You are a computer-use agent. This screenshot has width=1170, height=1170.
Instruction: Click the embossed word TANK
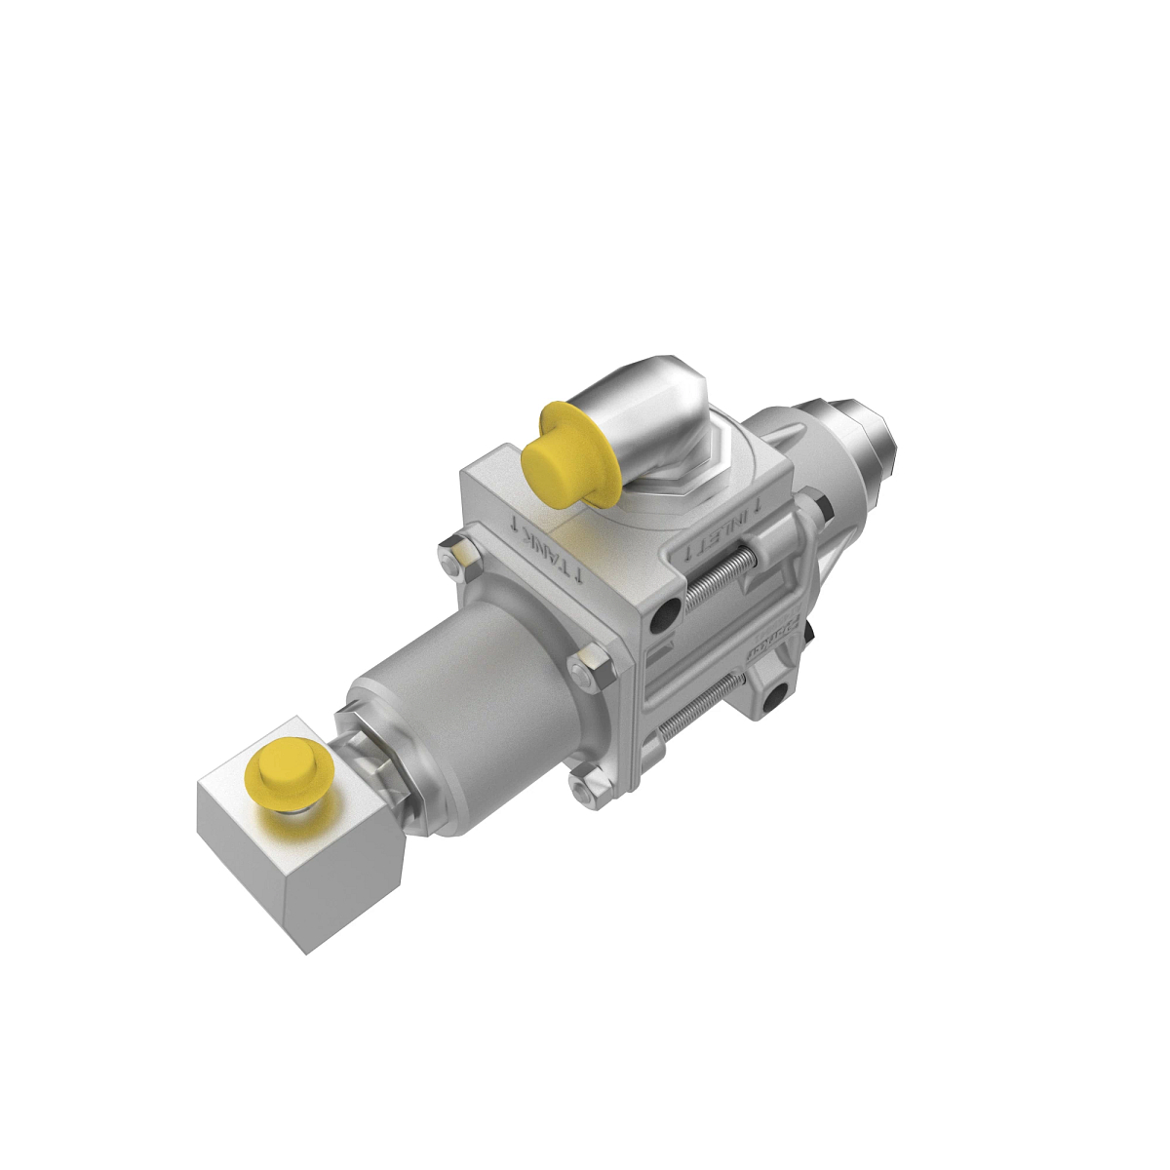(548, 551)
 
